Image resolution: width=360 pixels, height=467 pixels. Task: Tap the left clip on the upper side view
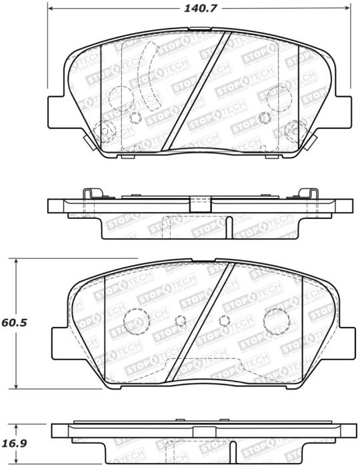[x=90, y=193]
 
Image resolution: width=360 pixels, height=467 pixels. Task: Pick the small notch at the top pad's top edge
[x=198, y=29]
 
